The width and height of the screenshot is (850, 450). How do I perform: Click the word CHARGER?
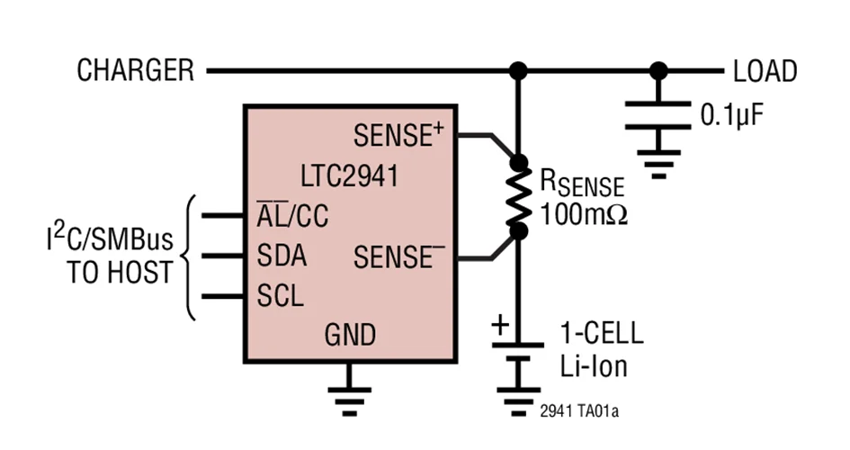point(135,70)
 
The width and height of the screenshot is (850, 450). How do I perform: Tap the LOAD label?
point(765,71)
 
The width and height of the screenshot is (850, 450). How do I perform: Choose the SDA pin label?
point(281,256)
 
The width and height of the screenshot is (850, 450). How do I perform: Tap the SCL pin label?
point(280,295)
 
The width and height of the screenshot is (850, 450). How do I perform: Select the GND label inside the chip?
point(350,337)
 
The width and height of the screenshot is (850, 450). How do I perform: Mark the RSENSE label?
point(581,183)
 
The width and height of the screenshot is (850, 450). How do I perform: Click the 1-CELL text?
point(602,334)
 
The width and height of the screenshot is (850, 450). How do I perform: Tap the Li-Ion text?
point(593,366)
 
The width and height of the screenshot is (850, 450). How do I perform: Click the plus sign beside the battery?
point(500,325)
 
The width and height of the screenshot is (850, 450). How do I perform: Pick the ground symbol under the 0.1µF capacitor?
point(659,164)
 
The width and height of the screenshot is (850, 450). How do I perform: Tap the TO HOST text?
point(119,274)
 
